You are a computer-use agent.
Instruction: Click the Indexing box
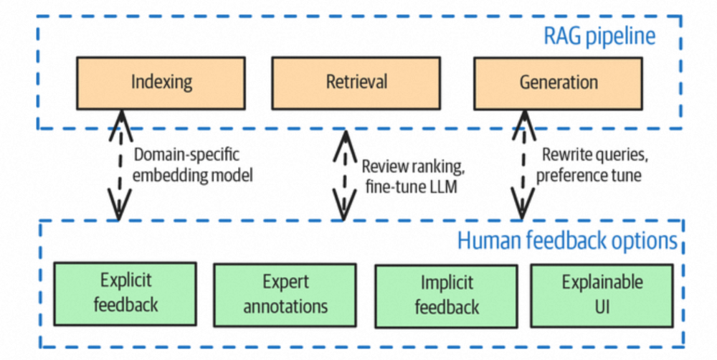pos(162,81)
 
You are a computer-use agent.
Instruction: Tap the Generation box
pos(559,81)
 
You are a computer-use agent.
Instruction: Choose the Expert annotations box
pos(285,294)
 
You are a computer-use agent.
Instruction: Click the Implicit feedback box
pos(447,295)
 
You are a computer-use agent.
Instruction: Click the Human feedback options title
pos(567,240)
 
